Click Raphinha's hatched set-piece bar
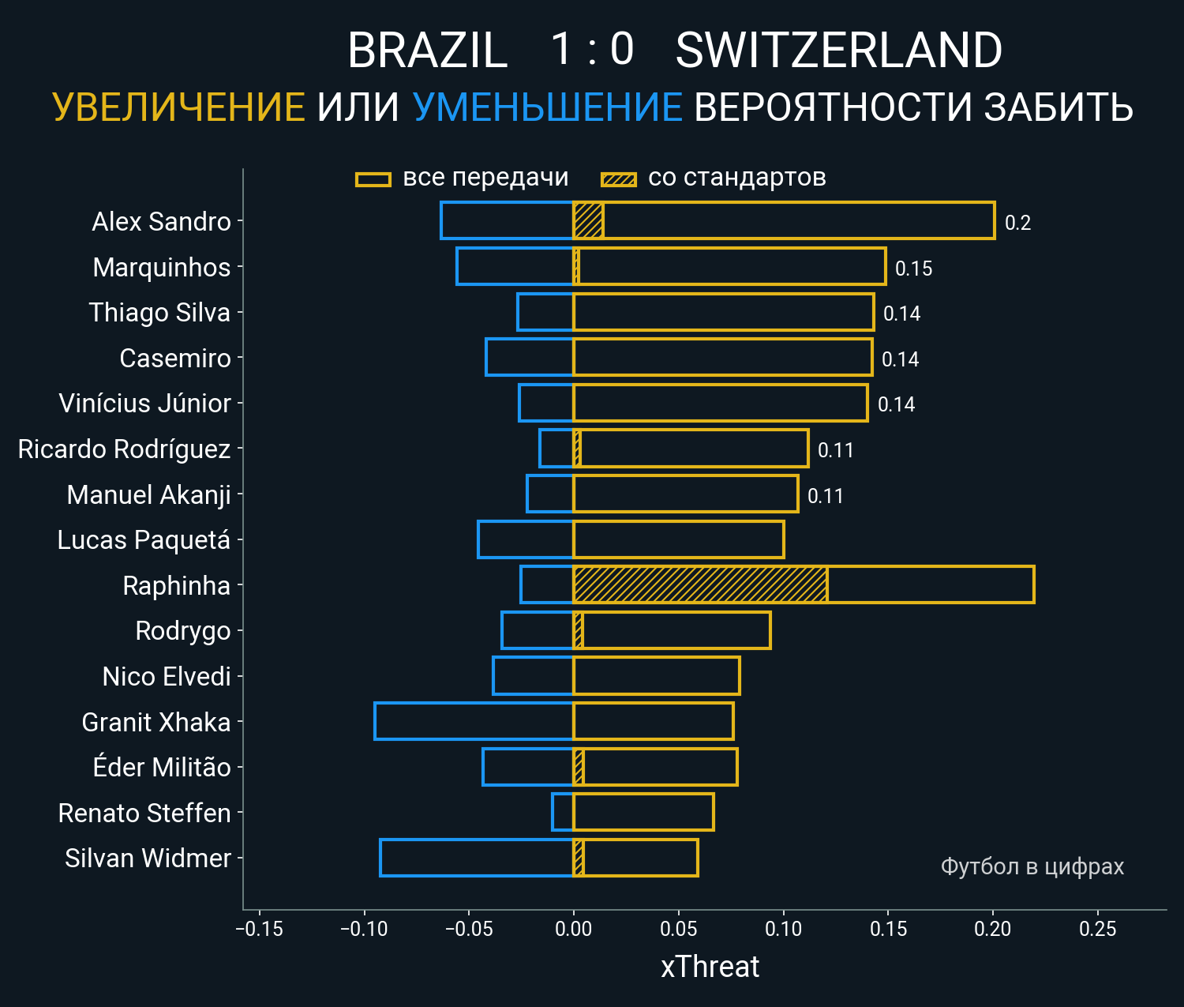click(700, 584)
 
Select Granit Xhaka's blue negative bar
click(474, 721)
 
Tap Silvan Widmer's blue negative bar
click(477, 858)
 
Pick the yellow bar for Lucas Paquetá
click(679, 539)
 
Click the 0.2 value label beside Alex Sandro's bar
click(1017, 223)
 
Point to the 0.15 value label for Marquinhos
click(913, 269)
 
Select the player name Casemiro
click(175, 359)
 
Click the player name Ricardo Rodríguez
click(124, 449)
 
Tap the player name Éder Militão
click(162, 768)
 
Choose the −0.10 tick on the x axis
click(364, 929)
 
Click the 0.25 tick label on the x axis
click(1097, 929)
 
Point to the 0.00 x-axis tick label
click(573, 929)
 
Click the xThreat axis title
click(710, 967)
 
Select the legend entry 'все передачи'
click(485, 178)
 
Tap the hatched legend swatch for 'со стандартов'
click(618, 179)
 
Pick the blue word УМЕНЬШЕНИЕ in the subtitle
click(547, 107)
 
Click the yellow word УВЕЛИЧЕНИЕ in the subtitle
click(178, 107)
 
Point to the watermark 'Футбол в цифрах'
click(1032, 866)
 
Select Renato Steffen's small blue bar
click(563, 812)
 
